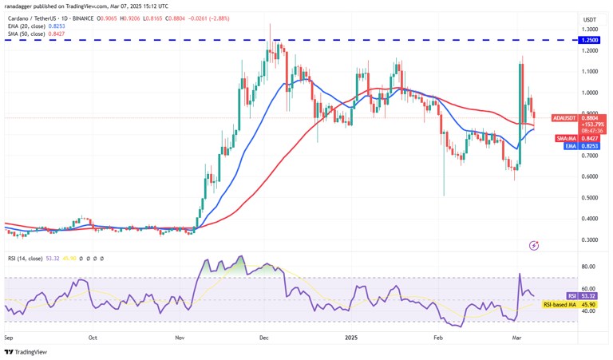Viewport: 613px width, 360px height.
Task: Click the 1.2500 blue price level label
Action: pyautogui.click(x=589, y=39)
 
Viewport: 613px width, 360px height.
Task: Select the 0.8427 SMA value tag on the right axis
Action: pyautogui.click(x=590, y=137)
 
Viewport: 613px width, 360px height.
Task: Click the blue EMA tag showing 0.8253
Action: pyautogui.click(x=590, y=146)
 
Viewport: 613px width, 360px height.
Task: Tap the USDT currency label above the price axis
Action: pyautogui.click(x=589, y=19)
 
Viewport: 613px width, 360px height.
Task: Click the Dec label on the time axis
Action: pyautogui.click(x=264, y=338)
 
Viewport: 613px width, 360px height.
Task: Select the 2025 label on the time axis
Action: pyautogui.click(x=352, y=338)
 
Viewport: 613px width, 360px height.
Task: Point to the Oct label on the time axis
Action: pyautogui.click(x=93, y=338)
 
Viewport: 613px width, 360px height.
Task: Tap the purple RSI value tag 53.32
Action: pyautogui.click(x=590, y=296)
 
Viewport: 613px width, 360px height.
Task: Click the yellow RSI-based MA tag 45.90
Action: pyautogui.click(x=590, y=304)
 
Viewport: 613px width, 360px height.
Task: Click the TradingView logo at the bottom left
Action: pyautogui.click(x=26, y=351)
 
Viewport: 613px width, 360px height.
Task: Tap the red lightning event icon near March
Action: pyautogui.click(x=534, y=245)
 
